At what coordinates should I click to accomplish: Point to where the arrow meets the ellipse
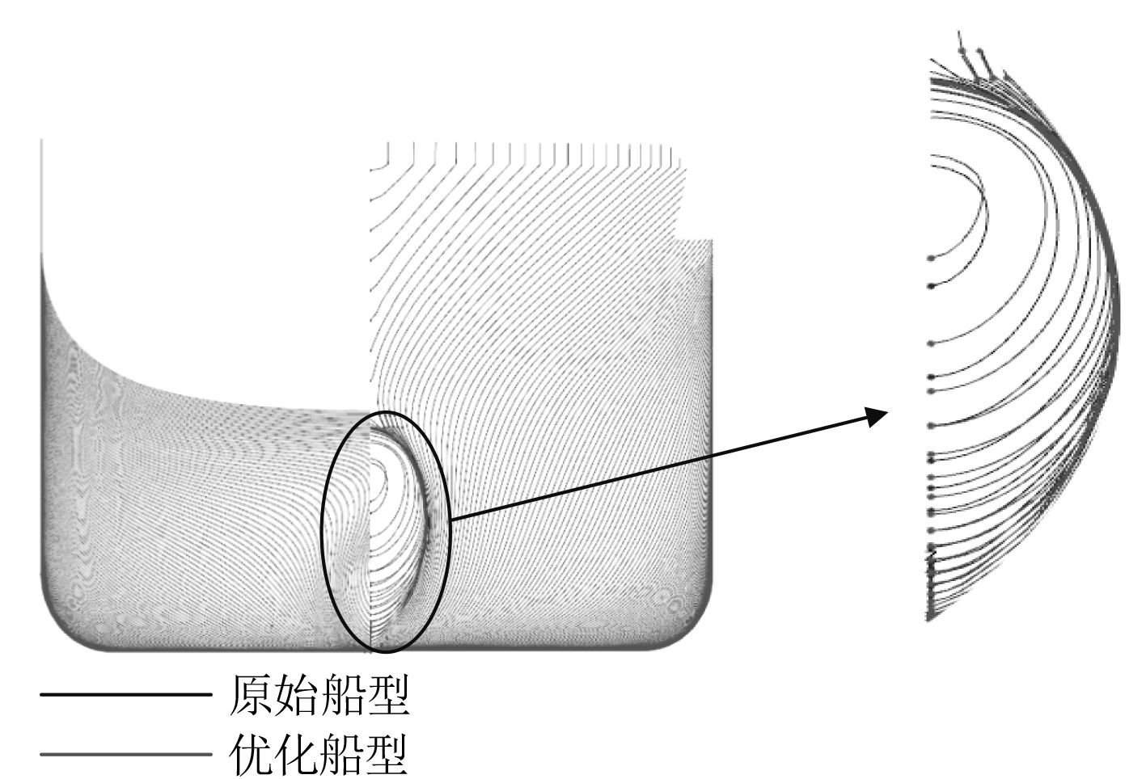[450, 518]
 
